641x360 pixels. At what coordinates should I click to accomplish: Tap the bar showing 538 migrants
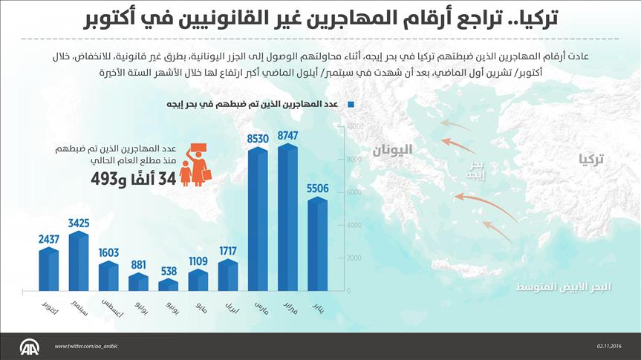pyautogui.click(x=168, y=285)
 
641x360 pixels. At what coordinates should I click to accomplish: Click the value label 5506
pyautogui.click(x=317, y=189)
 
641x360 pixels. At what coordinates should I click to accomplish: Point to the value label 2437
pyautogui.click(x=48, y=239)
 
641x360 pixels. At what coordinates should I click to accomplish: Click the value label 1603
pyautogui.click(x=108, y=252)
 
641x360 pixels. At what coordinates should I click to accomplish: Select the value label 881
pyautogui.click(x=138, y=265)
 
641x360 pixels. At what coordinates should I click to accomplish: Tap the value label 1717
pyautogui.click(x=228, y=250)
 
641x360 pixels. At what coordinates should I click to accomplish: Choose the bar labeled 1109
pyautogui.click(x=198, y=280)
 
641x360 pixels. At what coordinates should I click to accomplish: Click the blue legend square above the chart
pyautogui.click(x=347, y=105)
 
